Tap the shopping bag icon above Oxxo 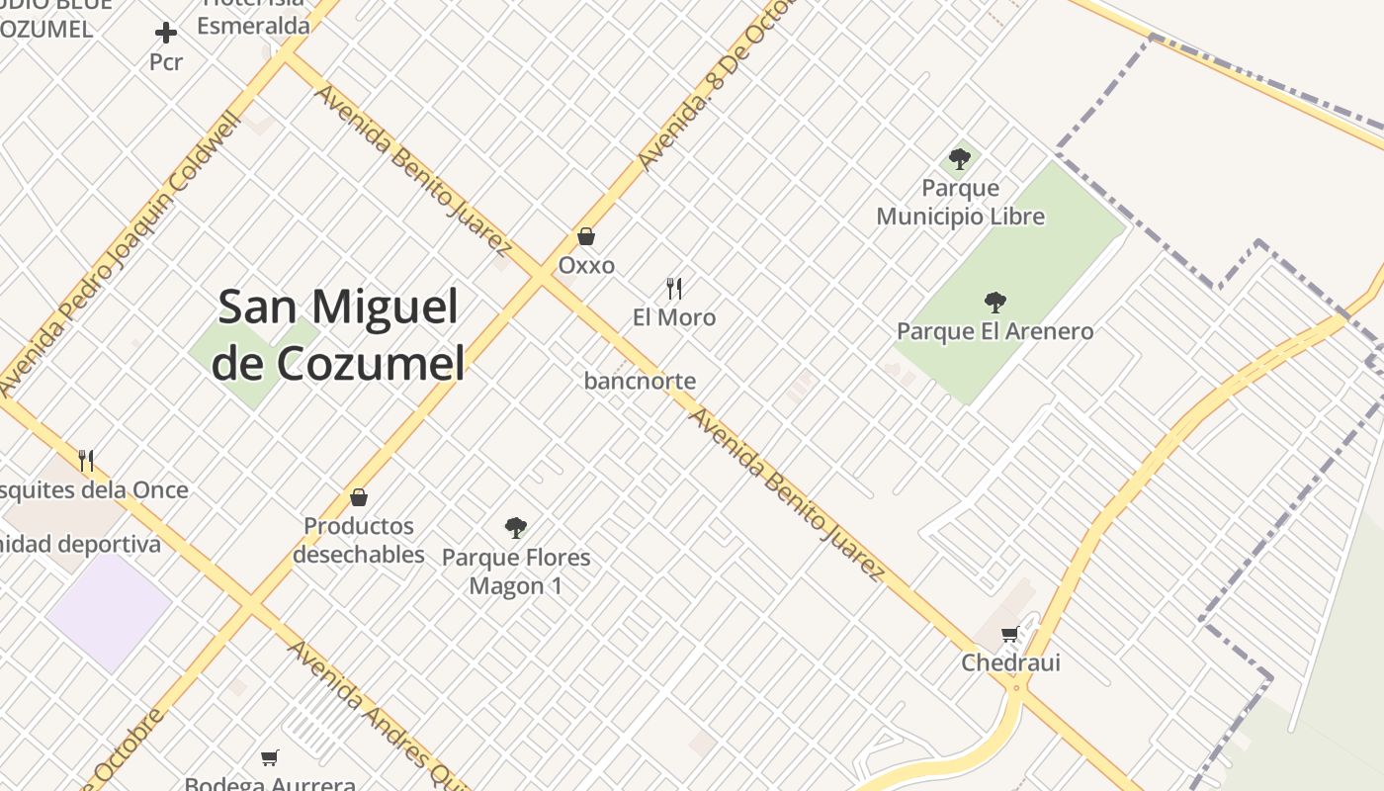(586, 236)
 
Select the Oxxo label (586, 265)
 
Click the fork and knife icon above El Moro (674, 288)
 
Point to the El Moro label (674, 317)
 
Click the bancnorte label (640, 381)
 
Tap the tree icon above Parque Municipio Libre (959, 158)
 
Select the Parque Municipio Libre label (960, 202)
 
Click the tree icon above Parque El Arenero (995, 302)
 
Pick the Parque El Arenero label (995, 331)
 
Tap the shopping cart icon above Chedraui (1009, 634)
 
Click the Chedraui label (1010, 662)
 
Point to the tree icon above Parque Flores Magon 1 (515, 527)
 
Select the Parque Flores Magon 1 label (515, 571)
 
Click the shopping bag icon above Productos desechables (359, 496)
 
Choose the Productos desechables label (358, 540)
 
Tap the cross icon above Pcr (166, 34)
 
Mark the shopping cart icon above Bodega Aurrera (269, 757)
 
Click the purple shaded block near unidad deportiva (108, 611)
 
